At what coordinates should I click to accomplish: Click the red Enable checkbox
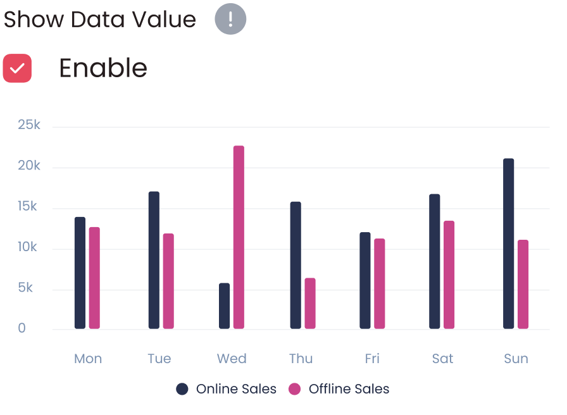[17, 68]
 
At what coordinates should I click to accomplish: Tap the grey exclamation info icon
[230, 19]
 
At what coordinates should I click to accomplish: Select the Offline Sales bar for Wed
[239, 237]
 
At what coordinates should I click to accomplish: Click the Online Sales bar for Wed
[225, 306]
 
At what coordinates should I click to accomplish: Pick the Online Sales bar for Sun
[509, 244]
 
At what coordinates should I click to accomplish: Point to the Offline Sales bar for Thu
[310, 303]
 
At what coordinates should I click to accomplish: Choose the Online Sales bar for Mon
[80, 273]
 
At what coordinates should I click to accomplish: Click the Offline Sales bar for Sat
[449, 275]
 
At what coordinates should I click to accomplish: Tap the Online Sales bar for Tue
[154, 260]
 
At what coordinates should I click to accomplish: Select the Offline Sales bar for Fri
[380, 283]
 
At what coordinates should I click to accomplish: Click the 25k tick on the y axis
[29, 125]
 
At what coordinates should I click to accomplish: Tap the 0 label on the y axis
[22, 328]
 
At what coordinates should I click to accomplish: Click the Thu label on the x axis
[301, 359]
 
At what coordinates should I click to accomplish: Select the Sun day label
[516, 359]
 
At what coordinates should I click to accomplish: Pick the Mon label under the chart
[88, 359]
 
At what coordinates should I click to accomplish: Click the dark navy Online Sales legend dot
[182, 389]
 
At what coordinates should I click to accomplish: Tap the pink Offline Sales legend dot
[294, 389]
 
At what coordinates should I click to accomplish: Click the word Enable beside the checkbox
[103, 68]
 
